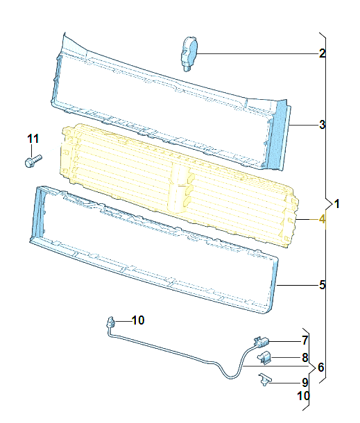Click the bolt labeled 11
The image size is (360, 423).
33,161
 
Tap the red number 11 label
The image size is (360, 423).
33,139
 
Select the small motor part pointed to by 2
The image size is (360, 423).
189,54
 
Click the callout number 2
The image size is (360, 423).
322,53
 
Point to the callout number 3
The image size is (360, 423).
322,125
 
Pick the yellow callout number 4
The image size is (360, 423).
322,219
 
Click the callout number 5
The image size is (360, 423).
322,285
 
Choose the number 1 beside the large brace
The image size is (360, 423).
336,204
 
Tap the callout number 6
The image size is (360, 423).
320,367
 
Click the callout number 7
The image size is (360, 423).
305,340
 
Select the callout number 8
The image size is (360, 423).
305,358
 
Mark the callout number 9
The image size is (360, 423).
305,383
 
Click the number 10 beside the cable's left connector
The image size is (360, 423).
138,320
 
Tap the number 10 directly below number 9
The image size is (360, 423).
303,396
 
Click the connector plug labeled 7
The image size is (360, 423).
262,342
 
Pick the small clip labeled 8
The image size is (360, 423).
264,358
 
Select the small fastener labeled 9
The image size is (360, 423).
264,379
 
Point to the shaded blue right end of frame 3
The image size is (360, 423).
277,135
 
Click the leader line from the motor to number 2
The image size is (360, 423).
258,53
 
